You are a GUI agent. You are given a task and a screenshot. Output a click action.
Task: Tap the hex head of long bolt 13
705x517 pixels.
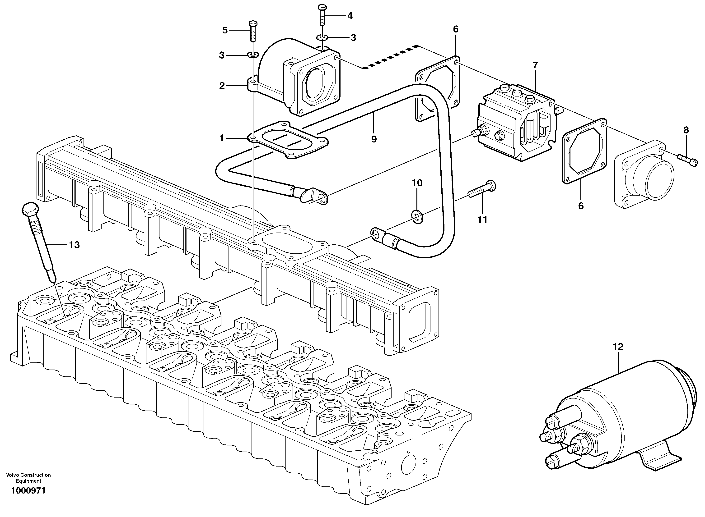pos(30,209)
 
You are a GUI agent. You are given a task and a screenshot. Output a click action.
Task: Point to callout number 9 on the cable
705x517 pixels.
pos(374,139)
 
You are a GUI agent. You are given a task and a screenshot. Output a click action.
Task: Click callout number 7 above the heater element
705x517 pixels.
pos(535,65)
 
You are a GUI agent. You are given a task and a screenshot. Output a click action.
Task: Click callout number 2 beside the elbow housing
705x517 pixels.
pos(222,85)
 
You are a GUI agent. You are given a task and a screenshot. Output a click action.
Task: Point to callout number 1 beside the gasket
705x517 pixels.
pos(222,138)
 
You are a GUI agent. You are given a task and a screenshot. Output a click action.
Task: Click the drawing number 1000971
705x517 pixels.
pos(28,491)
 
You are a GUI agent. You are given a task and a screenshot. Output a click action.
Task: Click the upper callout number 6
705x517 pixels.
pos(455,29)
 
